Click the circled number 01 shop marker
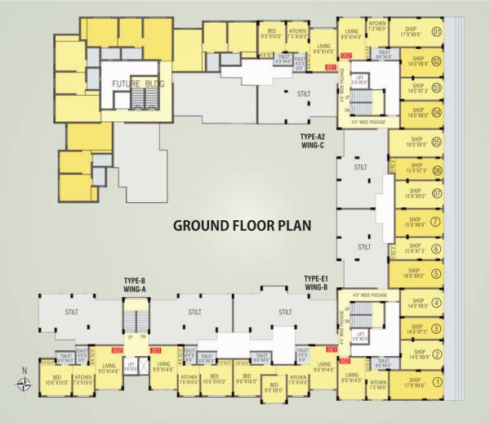(x=437, y=33)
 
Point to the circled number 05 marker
(x=437, y=142)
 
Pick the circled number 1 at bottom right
(x=437, y=380)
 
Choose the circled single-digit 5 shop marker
(x=437, y=274)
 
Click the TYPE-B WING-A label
(x=135, y=283)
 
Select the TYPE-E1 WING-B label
(x=315, y=283)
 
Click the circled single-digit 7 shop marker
(x=437, y=222)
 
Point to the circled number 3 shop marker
(x=437, y=329)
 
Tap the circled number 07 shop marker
(x=437, y=195)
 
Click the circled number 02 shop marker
(x=437, y=60)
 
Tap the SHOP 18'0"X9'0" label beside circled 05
(x=415, y=142)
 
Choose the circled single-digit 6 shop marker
(x=437, y=249)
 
